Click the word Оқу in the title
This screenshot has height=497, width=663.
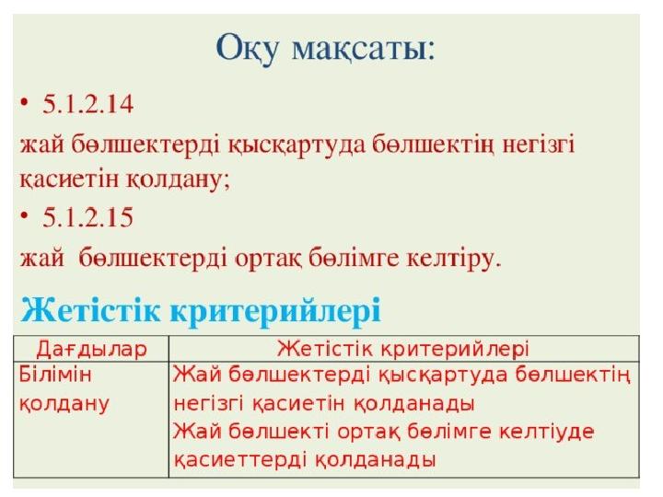point(248,49)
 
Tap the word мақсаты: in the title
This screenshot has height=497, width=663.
point(363,50)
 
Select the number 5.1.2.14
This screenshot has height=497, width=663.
point(88,104)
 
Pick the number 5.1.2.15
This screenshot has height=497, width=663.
point(88,217)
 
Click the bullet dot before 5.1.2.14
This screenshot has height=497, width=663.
point(25,103)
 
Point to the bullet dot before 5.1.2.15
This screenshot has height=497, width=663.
point(25,216)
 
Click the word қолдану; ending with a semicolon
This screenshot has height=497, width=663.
point(178,179)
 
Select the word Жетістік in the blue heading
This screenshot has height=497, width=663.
point(90,310)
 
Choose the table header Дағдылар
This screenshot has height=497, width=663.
point(91,349)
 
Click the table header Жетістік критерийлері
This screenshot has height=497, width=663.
point(403,349)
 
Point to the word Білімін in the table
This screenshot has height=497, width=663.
point(55,375)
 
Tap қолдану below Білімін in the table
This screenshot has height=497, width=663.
point(64,404)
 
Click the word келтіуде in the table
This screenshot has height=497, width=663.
point(547,432)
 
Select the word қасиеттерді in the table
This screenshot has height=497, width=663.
point(239,459)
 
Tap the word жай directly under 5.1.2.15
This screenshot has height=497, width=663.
point(41,258)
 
